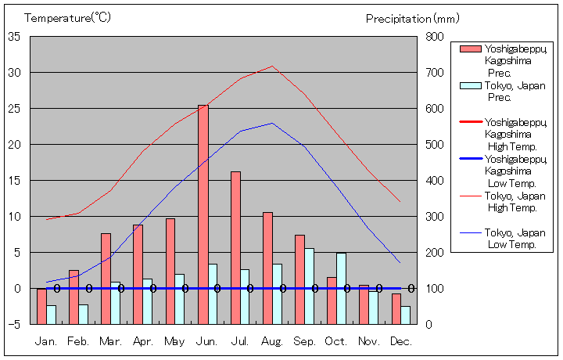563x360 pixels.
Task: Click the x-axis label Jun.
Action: point(208,341)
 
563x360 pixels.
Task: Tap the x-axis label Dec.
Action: point(401,341)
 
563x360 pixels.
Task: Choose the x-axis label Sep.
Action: point(305,341)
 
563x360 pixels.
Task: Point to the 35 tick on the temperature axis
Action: point(14,37)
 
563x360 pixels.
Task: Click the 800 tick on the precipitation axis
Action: point(434,37)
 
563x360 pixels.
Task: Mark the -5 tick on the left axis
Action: point(14,324)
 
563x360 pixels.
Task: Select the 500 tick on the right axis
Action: point(434,145)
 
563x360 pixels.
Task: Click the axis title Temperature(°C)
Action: point(68,17)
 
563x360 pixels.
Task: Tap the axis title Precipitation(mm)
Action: point(413,18)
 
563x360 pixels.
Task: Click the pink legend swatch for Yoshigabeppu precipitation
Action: point(471,49)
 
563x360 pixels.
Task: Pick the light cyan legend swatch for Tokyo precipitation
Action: point(471,86)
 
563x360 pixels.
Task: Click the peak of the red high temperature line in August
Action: point(272,66)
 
